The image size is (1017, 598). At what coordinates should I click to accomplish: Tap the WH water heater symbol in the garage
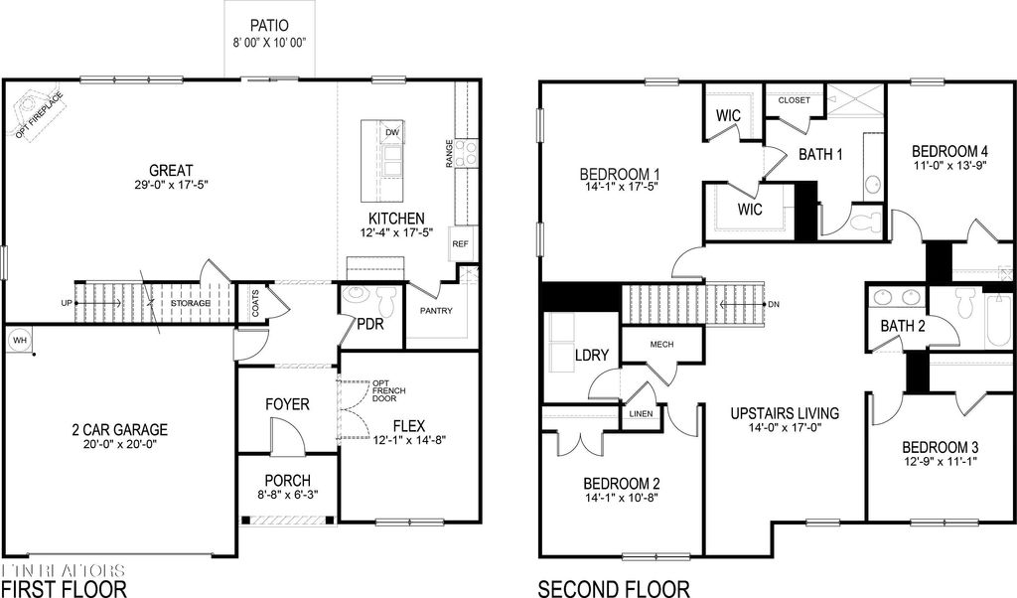click(18, 341)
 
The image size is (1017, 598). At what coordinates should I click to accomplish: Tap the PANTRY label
click(436, 311)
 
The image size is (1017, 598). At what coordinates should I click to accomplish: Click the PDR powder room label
click(369, 326)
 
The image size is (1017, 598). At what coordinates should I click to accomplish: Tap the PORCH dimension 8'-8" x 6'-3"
click(288, 494)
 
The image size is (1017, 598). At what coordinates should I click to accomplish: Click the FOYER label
click(287, 405)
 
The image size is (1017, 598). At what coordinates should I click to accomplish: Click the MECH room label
click(661, 344)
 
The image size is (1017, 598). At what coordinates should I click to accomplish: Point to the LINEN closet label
click(641, 414)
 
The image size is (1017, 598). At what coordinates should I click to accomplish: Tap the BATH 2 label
click(903, 326)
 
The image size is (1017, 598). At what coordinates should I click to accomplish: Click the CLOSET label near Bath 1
click(795, 100)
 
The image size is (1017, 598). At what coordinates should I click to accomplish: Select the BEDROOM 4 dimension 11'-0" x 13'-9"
click(949, 166)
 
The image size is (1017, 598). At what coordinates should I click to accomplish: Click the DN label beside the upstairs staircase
click(774, 304)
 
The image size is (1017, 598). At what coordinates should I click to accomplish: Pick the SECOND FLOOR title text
click(613, 588)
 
